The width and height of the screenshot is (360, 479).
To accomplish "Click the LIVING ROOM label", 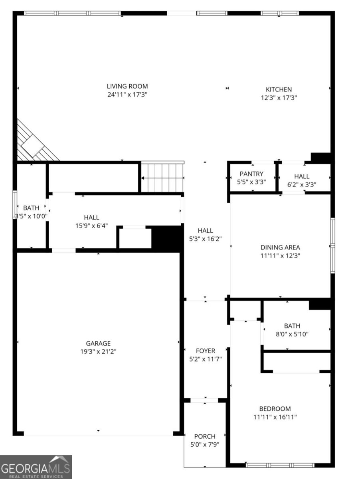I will point(127,86).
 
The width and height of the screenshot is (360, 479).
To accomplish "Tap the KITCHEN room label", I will point(279,89).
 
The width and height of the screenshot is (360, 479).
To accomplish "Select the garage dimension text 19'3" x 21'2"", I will point(98,352).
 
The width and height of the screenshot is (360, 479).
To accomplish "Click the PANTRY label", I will point(251,174).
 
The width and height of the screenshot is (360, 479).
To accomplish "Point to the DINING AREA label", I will point(280,247).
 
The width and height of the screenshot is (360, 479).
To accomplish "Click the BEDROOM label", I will point(275,409).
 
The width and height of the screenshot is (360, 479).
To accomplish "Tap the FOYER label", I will point(206,350).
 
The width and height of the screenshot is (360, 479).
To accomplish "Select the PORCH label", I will point(205,436).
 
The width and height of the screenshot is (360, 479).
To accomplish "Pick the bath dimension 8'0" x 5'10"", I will point(292,334).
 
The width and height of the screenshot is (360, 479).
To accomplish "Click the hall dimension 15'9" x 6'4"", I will point(92,226).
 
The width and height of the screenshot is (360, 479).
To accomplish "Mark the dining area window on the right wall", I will point(332,245).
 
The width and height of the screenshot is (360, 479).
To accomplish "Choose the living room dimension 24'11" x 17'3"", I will point(127,95).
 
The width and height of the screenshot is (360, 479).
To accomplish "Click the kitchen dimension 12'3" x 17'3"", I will point(279,98).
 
